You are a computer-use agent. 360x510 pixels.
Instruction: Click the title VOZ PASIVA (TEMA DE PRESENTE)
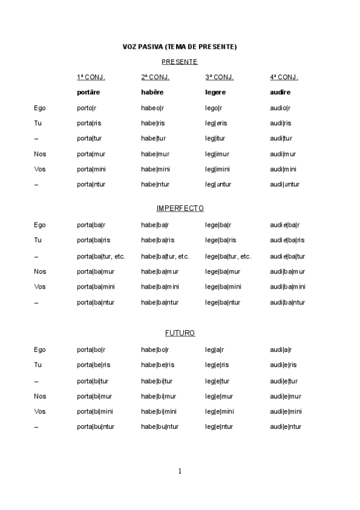coord(180,46)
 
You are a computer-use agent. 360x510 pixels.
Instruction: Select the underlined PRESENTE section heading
coord(180,62)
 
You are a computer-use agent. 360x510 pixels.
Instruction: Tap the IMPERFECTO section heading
coord(180,208)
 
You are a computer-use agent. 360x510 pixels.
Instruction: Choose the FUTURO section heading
coord(180,333)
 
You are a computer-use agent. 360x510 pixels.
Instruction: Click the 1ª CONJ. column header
coord(91,77)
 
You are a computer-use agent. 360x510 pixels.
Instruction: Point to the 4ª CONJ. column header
coord(284,77)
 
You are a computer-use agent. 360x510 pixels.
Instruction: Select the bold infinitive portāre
coord(89,93)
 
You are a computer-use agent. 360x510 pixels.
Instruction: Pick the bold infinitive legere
coord(216,93)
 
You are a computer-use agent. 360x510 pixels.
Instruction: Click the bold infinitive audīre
coord(280,93)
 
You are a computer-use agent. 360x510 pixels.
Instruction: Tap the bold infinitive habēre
coord(152,93)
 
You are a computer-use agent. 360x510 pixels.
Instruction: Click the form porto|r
coord(87,108)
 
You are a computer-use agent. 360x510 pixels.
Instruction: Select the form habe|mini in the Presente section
coord(155,169)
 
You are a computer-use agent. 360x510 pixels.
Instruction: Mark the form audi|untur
coord(285,185)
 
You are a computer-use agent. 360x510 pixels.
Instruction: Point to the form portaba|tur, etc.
coord(101,256)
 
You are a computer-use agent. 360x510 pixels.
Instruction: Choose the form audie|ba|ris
coord(287,241)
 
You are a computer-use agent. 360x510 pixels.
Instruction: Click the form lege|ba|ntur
coord(222,302)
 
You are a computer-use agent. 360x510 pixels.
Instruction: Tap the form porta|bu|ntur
coord(96,427)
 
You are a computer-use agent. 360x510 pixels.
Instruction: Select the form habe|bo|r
coord(155,349)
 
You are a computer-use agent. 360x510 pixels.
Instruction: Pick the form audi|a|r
coord(281,349)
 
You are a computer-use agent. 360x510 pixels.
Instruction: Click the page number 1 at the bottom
coord(180,471)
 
